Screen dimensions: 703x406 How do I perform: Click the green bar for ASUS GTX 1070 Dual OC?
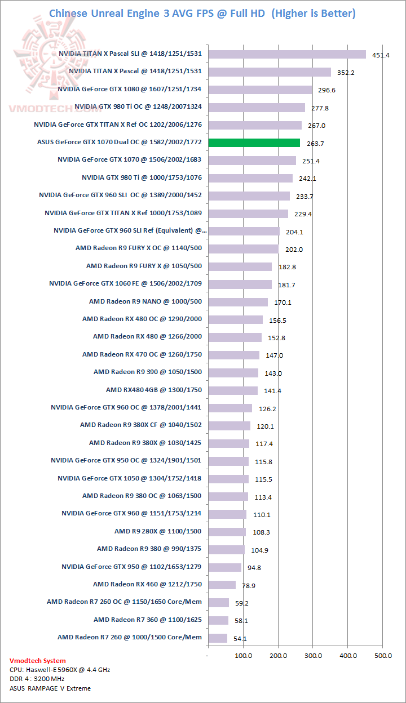[x=254, y=143]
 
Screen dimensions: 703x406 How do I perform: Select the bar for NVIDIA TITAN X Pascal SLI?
[x=287, y=54]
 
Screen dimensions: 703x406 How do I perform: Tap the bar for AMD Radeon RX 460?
[x=222, y=585]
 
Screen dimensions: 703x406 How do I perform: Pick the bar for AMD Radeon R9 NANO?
[x=238, y=302]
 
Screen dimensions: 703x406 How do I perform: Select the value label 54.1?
[x=240, y=638]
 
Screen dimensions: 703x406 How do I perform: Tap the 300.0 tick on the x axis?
[x=313, y=656]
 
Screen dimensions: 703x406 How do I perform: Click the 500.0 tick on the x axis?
[x=383, y=656]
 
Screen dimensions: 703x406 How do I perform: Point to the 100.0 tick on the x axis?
[x=243, y=656]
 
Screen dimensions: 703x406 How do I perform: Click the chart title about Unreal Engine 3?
[x=202, y=13]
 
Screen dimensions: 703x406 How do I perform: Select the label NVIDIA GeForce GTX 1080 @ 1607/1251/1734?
[x=129, y=90]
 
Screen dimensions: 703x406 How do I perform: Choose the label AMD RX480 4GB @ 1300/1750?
[x=153, y=390]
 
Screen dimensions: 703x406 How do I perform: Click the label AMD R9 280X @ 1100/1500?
[x=158, y=531]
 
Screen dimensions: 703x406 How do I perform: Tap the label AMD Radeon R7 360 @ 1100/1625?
[x=147, y=620]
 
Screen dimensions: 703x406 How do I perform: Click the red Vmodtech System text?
[x=37, y=661]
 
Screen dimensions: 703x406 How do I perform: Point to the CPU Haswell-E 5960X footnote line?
[x=60, y=670]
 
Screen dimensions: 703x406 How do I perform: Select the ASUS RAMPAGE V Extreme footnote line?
[x=50, y=688]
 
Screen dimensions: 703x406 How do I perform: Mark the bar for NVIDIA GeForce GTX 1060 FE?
[x=240, y=284]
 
